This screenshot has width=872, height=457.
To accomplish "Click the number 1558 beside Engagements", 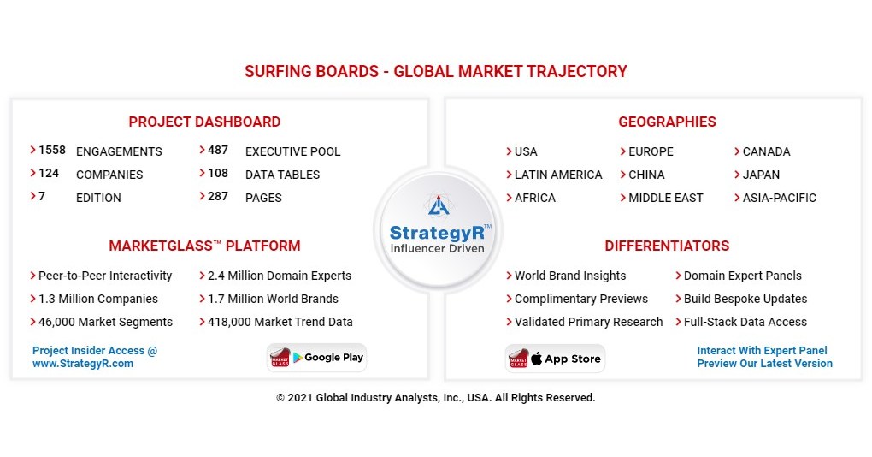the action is click(x=51, y=151).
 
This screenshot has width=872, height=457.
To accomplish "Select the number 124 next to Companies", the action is click(x=49, y=173).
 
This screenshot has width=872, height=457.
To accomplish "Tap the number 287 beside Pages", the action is click(x=218, y=196).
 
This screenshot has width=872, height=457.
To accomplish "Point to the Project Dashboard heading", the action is click(x=204, y=122).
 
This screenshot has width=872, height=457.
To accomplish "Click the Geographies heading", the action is click(x=667, y=122).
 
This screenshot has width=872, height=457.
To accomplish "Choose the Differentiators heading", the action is click(x=667, y=246).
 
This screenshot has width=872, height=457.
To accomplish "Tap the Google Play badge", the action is click(x=316, y=358).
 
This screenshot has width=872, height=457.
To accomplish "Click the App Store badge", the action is click(x=555, y=359).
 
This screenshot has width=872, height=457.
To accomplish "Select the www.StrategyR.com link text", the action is click(x=83, y=364).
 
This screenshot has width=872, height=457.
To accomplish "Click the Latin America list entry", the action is click(x=558, y=175).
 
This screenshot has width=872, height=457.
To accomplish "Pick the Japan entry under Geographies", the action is click(x=761, y=175).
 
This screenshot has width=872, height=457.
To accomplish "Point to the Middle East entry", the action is click(x=666, y=198).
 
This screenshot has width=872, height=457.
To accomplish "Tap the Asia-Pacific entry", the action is click(x=779, y=198).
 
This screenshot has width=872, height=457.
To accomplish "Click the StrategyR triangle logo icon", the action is click(x=439, y=205).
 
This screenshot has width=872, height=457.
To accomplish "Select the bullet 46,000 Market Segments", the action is click(x=105, y=322).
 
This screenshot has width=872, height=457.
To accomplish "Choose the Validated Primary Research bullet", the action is click(x=588, y=322).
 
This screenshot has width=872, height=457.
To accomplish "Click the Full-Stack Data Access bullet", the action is click(x=745, y=322).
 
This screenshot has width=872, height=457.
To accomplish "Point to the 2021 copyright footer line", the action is click(x=436, y=397).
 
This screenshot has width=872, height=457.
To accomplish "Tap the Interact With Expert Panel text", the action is click(x=762, y=351).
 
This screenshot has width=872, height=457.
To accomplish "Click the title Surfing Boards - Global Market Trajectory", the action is click(x=436, y=71).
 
